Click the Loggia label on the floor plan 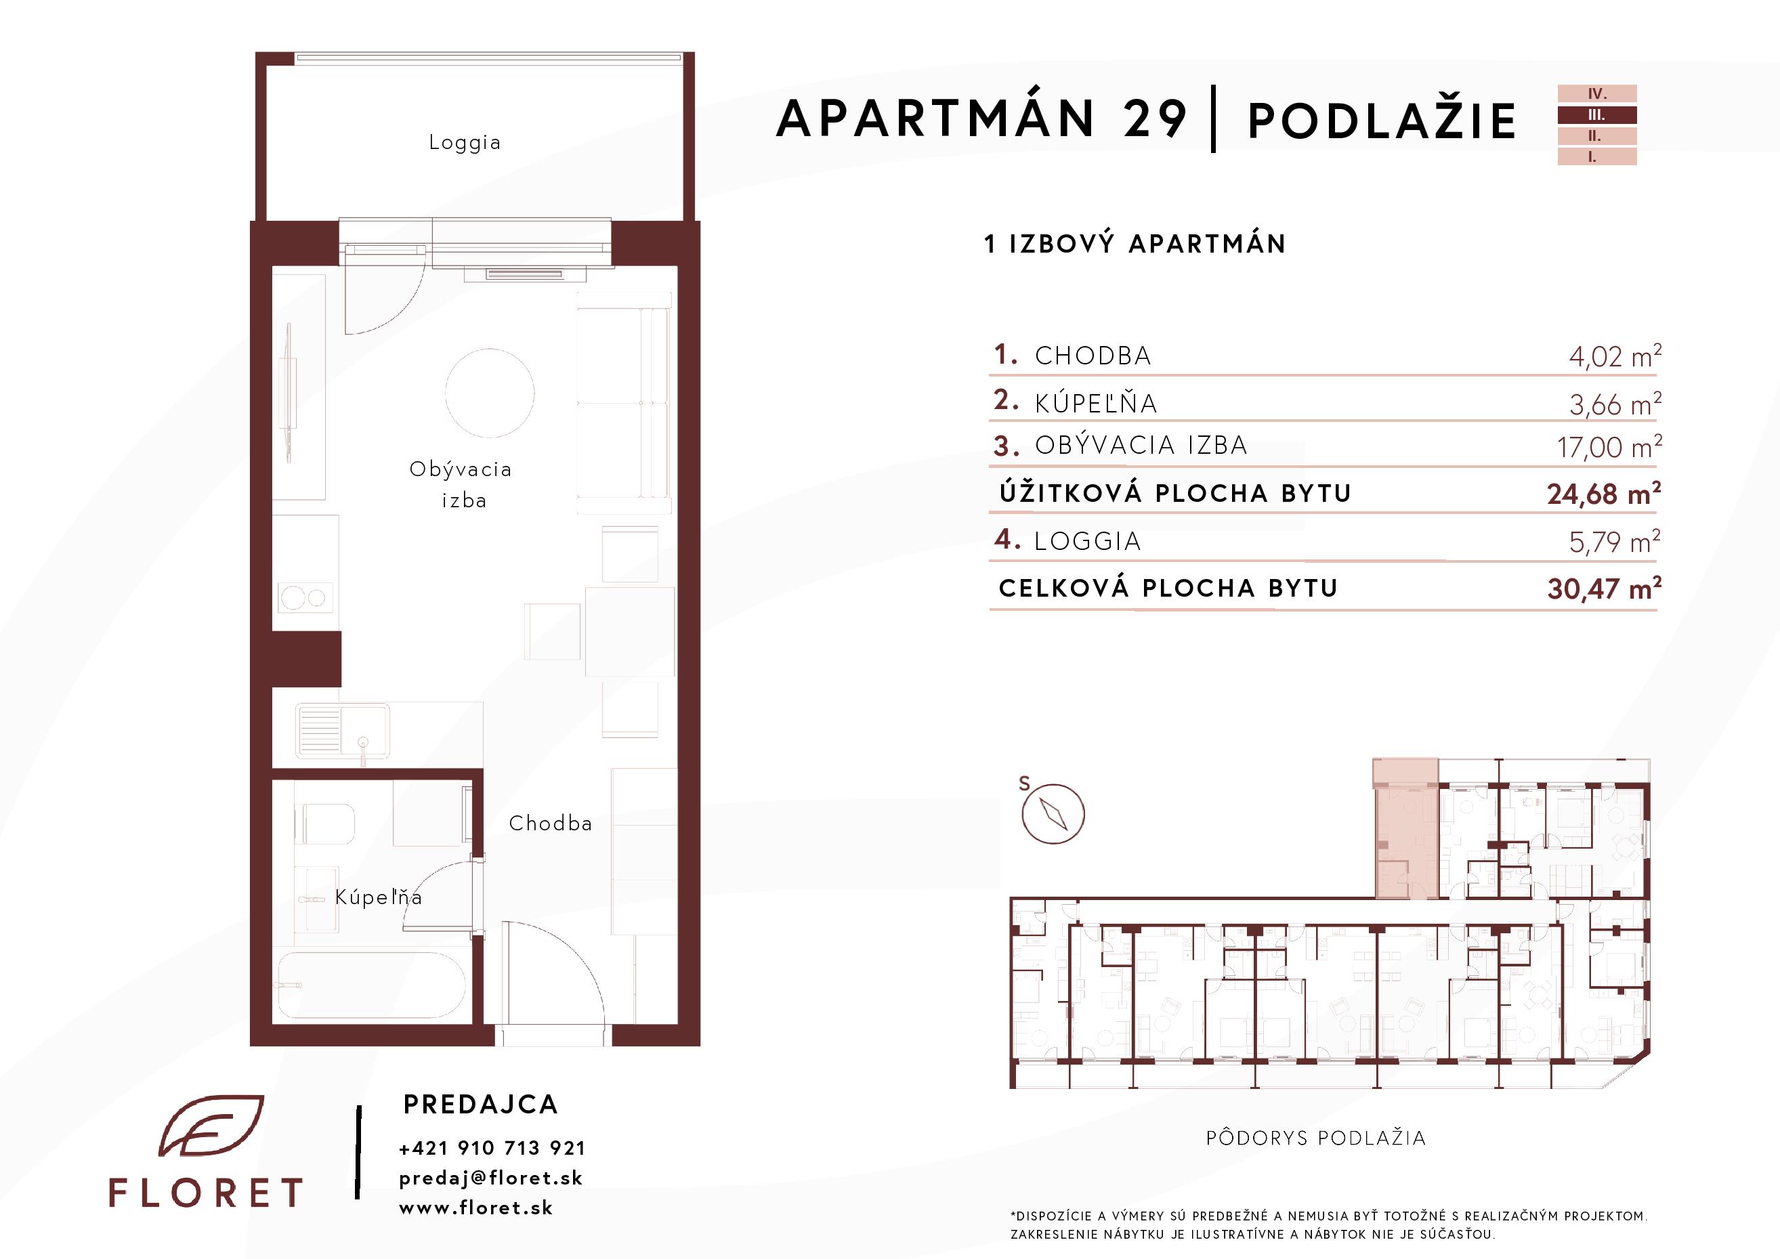(465, 144)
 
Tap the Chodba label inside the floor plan (551, 824)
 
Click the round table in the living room (490, 393)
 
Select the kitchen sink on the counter (342, 731)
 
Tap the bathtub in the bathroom (372, 984)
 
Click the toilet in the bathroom (325, 824)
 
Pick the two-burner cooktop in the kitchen (305, 598)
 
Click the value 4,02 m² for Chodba (1615, 356)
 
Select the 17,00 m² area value (1609, 446)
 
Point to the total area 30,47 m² (1604, 589)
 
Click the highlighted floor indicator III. (1597, 114)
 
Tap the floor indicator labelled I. (1597, 156)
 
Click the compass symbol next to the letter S (1053, 814)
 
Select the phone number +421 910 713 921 (492, 1148)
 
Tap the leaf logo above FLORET (211, 1126)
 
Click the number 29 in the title (1154, 119)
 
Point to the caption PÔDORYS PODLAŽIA (1315, 1138)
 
